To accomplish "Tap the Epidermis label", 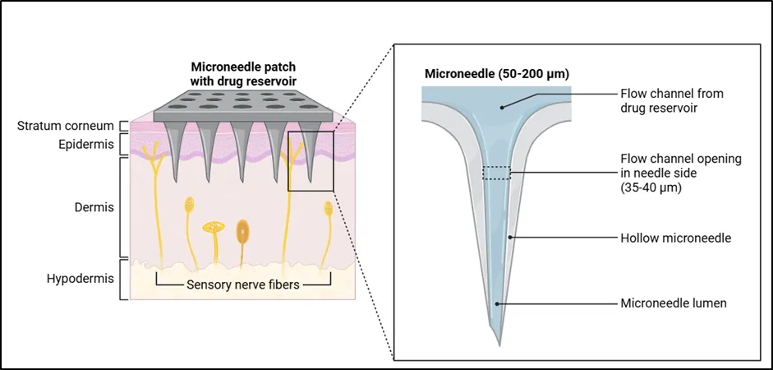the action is click(87, 145).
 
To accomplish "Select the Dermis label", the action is click(94, 207).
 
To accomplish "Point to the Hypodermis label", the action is click(81, 279).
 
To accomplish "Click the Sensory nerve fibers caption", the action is click(243, 284).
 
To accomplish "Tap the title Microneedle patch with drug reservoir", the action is click(243, 73).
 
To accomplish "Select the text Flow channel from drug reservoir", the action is click(671, 100).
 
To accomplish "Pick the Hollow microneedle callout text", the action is click(675, 238).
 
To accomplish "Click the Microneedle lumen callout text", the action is click(674, 303).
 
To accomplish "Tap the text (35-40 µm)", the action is click(651, 187).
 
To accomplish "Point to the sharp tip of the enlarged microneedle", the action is click(499, 345).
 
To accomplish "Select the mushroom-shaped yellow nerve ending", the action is click(214, 228).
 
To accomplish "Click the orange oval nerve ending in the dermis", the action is click(242, 230).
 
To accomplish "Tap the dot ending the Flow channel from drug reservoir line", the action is click(503, 107).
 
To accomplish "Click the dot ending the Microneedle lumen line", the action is click(498, 303).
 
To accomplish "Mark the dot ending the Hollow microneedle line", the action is click(511, 238).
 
